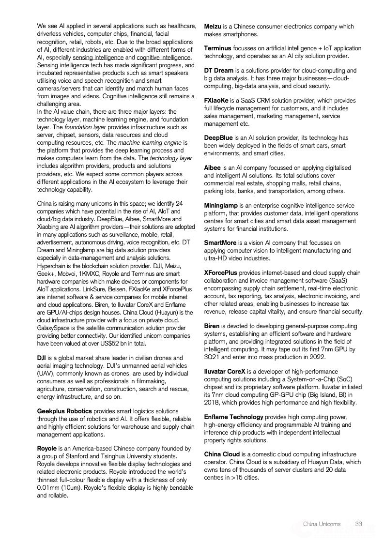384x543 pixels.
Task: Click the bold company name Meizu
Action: [213, 27]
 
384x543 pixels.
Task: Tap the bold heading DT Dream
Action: [218, 71]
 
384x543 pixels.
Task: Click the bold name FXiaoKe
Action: [217, 101]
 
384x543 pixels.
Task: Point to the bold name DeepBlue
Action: [218, 138]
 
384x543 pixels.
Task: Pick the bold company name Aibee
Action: [213, 168]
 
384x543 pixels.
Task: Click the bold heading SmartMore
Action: [220, 242]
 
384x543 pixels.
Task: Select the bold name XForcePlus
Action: [220, 273]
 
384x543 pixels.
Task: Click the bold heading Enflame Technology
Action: [233, 417]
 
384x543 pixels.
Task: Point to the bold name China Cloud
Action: [222, 454]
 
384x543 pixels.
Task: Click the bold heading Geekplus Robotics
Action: [64, 411]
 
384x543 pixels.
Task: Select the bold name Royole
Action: [47, 449]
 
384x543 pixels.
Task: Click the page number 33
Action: [359, 524]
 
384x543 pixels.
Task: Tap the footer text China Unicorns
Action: [322, 524]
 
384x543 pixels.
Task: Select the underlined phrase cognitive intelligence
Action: [164, 57]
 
